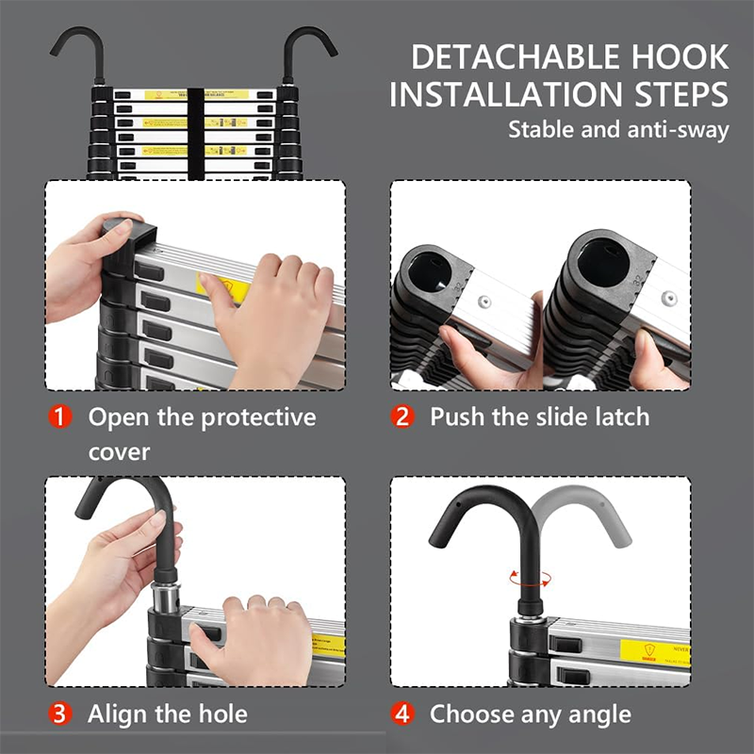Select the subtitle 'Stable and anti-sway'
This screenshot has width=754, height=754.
[x=618, y=129]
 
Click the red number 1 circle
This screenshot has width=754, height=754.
[x=60, y=417]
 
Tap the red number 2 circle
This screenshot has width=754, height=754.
[x=403, y=417]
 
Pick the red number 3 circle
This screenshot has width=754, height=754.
[x=60, y=713]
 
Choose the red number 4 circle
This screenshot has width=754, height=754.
[x=403, y=713]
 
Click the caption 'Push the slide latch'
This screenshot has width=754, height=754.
[x=540, y=417]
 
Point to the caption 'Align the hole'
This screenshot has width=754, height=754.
[x=168, y=713]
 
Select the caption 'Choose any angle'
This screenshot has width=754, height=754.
[x=531, y=713]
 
